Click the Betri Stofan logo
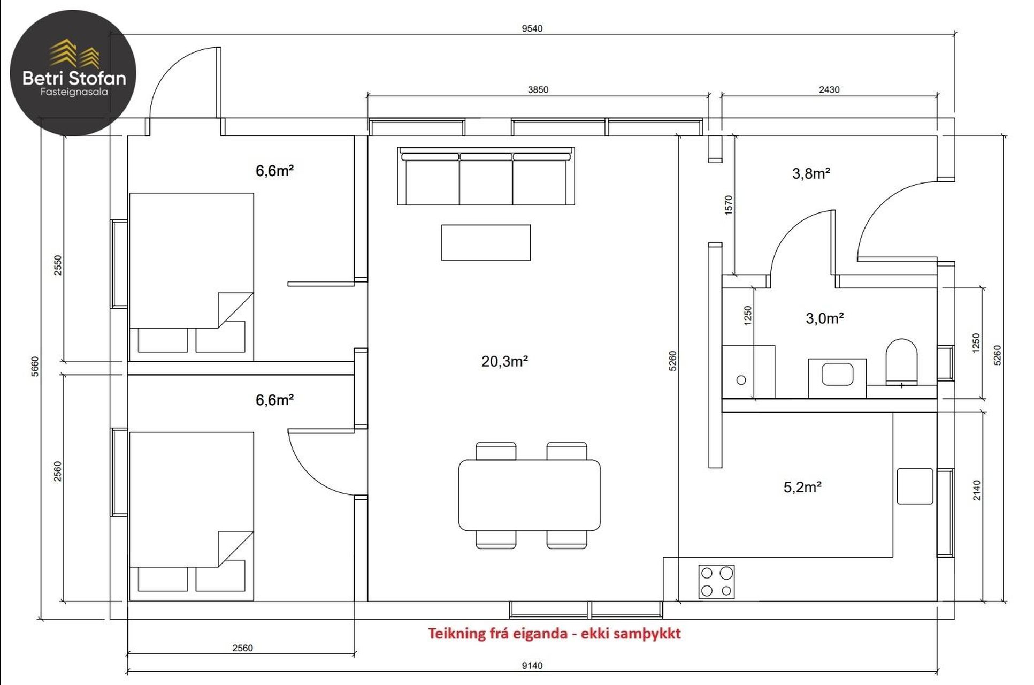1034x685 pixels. click(x=73, y=72)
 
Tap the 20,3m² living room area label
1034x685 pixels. click(x=504, y=361)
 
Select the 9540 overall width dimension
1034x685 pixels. click(x=532, y=28)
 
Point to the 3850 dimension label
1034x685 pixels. click(x=538, y=89)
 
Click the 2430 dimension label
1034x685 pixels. click(x=829, y=89)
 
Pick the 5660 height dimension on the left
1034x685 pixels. click(x=35, y=367)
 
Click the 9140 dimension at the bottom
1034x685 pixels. click(x=532, y=666)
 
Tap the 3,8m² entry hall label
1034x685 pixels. click(x=811, y=173)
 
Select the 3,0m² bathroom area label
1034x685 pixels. click(x=824, y=318)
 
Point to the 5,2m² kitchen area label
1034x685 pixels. click(x=802, y=487)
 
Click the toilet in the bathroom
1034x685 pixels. click(x=901, y=362)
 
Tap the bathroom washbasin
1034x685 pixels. click(x=837, y=375)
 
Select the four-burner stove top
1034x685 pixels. click(x=716, y=582)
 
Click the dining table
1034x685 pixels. click(x=529, y=495)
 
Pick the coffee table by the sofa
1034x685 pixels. click(x=486, y=242)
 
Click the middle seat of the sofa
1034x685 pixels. click(x=486, y=179)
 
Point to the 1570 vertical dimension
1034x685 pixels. click(x=728, y=205)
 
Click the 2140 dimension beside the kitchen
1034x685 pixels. click(x=977, y=490)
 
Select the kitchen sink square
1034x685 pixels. click(x=915, y=486)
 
